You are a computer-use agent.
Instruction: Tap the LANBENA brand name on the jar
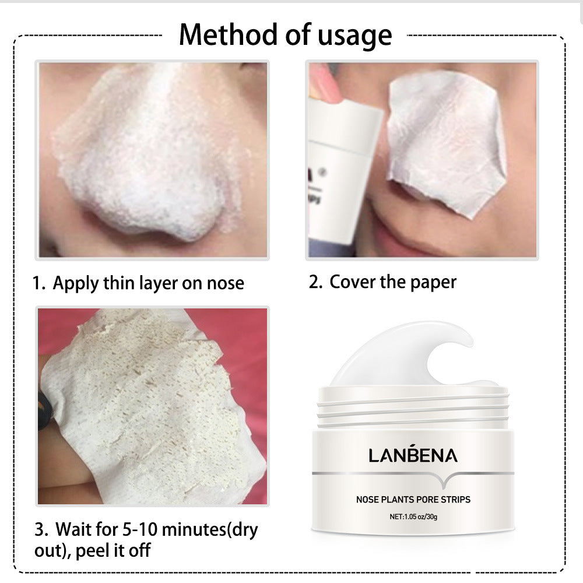pyautogui.click(x=413, y=455)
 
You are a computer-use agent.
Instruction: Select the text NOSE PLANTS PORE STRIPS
pyautogui.click(x=413, y=500)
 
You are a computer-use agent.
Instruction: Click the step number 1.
pyautogui.click(x=38, y=284)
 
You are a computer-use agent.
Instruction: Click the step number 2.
pyautogui.click(x=315, y=282)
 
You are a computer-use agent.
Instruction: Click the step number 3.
pyautogui.click(x=40, y=531)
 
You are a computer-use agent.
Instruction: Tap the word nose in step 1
pyautogui.click(x=226, y=284)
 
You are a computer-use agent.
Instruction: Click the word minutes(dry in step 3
pyautogui.click(x=209, y=531)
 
